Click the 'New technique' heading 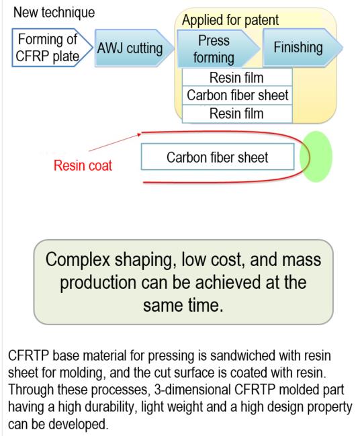coord(54,13)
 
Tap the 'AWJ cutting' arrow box coord(134,48)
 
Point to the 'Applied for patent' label coord(230,20)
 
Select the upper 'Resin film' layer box coord(237,77)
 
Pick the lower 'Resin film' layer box coord(237,114)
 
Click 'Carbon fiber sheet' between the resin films coord(237,95)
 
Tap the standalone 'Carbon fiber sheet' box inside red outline coord(218,157)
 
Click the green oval coord(316,157)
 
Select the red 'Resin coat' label coord(83,165)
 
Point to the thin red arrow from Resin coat coord(115,142)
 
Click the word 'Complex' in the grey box coord(78,260)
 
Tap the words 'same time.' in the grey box coord(183,306)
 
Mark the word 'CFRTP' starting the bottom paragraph coord(28,355)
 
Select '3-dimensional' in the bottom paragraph coord(192,390)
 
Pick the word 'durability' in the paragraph coord(96,407)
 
